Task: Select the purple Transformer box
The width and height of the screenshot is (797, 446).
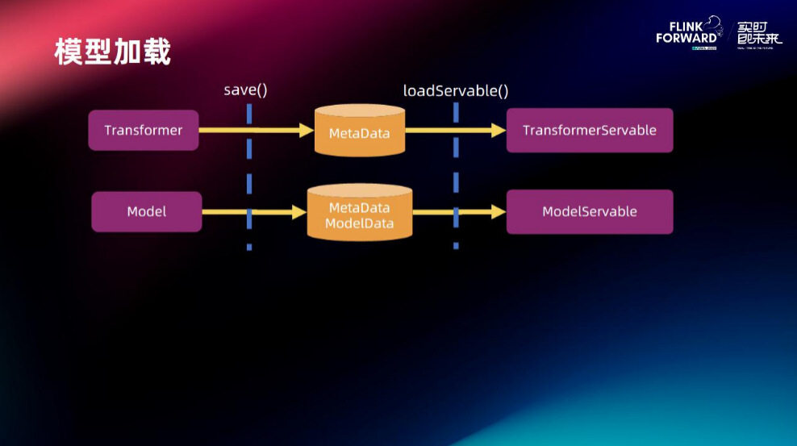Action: click(143, 130)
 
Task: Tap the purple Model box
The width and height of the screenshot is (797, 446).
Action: click(146, 211)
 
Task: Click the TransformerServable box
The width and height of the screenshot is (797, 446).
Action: click(589, 130)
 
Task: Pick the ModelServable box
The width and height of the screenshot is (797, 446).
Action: click(589, 211)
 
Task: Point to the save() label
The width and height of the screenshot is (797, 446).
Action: click(245, 90)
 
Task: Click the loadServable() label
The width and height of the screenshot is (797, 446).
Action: click(456, 90)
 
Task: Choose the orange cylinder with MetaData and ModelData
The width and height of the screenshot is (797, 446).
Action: click(359, 211)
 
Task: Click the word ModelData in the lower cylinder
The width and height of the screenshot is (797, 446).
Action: click(359, 223)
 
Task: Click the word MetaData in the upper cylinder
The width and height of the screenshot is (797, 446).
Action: click(359, 133)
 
